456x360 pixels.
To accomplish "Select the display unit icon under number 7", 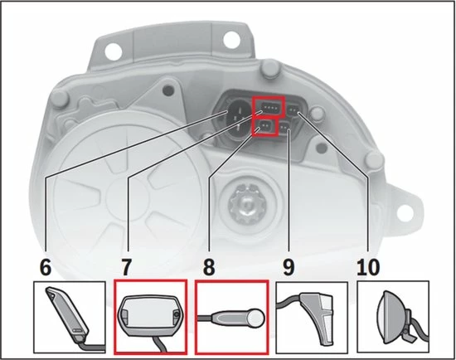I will coord(149,316).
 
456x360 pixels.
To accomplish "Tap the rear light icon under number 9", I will coord(312,316).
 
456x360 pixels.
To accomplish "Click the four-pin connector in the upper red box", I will coord(269,108).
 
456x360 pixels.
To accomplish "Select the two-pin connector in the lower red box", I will coord(264,127).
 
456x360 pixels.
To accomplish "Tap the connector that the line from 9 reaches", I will coord(285,128).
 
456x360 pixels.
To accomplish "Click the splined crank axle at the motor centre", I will coord(246,201).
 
